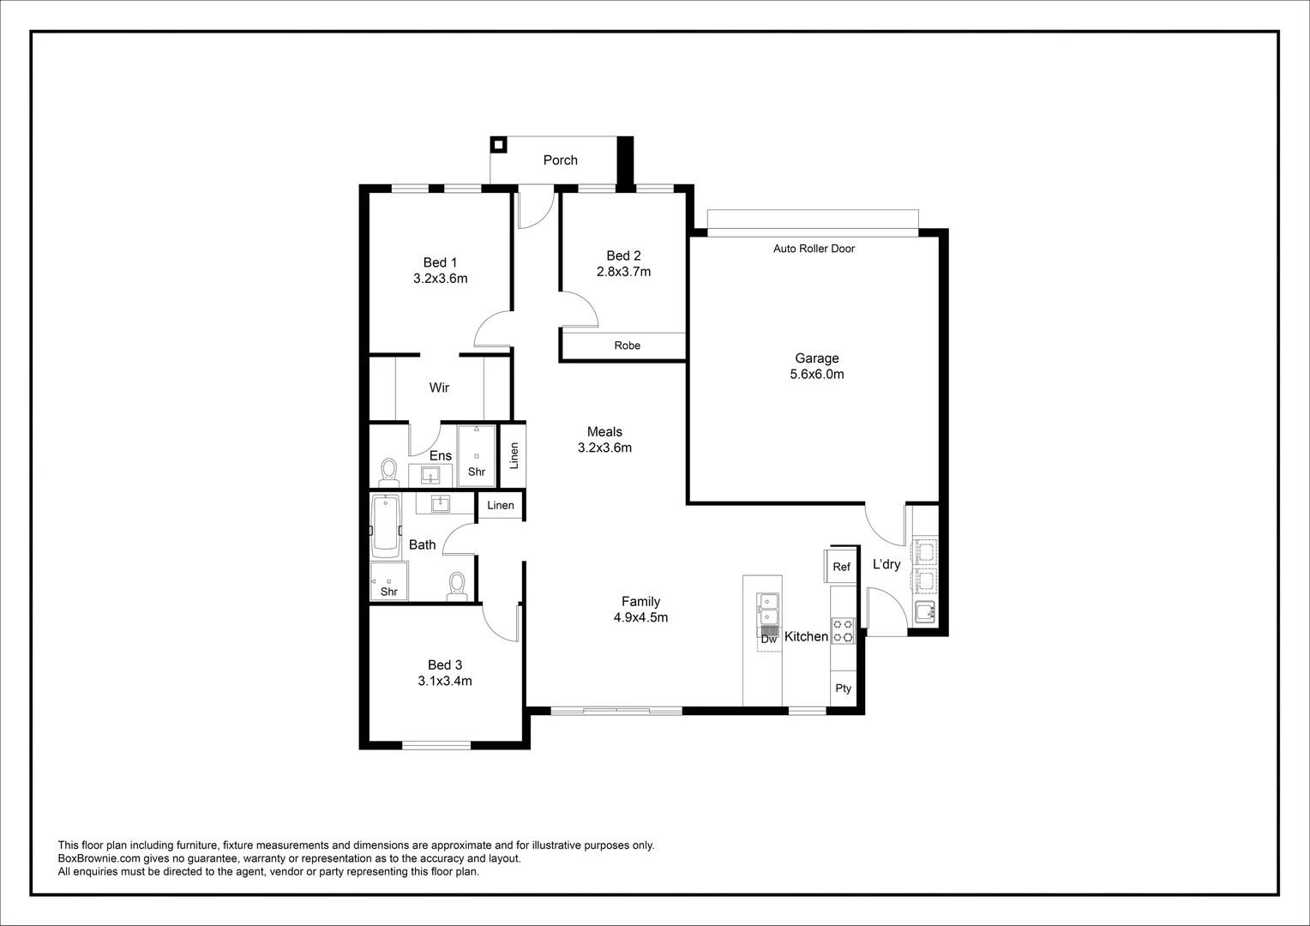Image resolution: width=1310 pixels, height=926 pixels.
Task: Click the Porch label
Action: [x=560, y=160]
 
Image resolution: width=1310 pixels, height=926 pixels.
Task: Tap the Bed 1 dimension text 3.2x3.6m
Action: [x=440, y=279]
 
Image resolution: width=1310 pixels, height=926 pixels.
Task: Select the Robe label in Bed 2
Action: [x=627, y=346]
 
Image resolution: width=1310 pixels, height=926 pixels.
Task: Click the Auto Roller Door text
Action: [x=814, y=249]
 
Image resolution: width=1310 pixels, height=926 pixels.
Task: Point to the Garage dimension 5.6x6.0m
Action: [x=816, y=375]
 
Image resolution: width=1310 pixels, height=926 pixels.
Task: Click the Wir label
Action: [x=439, y=388]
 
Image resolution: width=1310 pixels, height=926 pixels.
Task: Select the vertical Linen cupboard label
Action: [x=514, y=455]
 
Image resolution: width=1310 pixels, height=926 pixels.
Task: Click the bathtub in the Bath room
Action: [x=386, y=525]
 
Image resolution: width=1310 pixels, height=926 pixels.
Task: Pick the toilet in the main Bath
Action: [x=457, y=586]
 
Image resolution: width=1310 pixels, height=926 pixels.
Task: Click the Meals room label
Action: [x=604, y=432]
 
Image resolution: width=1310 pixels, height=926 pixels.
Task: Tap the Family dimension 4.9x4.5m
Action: [x=640, y=617]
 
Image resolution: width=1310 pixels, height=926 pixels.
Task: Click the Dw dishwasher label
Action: [x=768, y=639]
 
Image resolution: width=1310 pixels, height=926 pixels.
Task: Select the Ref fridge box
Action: [x=842, y=567]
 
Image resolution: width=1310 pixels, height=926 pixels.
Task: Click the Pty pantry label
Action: [x=843, y=688]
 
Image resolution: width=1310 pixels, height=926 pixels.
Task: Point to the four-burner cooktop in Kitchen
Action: [x=843, y=631]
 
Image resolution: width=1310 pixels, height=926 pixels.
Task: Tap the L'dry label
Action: [x=886, y=564]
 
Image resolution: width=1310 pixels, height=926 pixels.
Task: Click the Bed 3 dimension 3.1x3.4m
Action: [x=445, y=682]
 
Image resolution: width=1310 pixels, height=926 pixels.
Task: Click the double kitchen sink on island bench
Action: [x=767, y=609]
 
